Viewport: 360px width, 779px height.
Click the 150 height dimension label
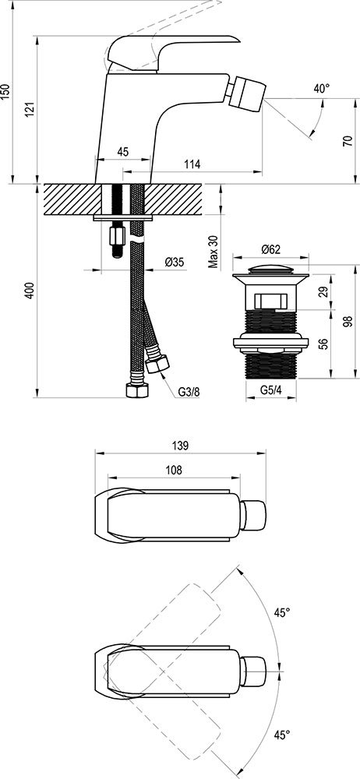click(5, 92)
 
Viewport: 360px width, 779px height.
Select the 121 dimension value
click(30, 109)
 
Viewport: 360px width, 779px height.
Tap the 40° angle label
click(322, 89)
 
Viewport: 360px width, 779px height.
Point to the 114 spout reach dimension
click(192, 164)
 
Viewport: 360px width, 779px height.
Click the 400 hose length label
click(30, 291)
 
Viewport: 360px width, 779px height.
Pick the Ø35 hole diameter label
click(175, 262)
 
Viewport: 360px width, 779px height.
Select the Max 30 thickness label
click(214, 252)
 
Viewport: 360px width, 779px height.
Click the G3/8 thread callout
click(189, 392)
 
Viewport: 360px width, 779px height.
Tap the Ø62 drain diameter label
click(271, 248)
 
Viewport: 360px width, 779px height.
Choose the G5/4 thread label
click(271, 390)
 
